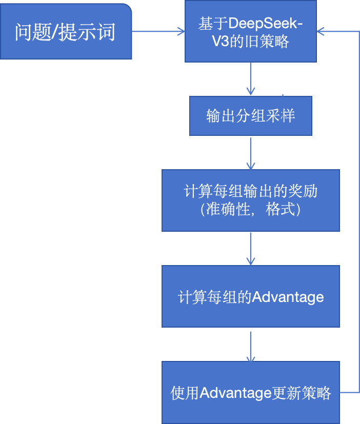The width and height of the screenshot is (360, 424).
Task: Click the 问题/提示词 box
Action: (x=66, y=32)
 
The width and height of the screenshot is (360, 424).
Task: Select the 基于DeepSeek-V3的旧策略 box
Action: (x=250, y=32)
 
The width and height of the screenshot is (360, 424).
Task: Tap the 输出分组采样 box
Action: (x=250, y=116)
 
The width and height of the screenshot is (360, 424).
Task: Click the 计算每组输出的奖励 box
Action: (x=250, y=200)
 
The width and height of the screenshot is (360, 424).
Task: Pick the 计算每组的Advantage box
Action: (x=250, y=296)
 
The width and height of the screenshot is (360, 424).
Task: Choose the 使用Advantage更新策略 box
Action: (x=250, y=393)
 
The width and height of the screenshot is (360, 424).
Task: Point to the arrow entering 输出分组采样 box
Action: (x=250, y=79)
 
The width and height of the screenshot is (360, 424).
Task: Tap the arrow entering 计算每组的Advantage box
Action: (x=250, y=248)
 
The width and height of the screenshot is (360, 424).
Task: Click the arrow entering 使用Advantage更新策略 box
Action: (x=250, y=346)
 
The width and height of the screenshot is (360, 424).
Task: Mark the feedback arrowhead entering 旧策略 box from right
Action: (x=321, y=32)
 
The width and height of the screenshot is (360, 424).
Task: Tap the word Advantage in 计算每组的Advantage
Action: (x=288, y=297)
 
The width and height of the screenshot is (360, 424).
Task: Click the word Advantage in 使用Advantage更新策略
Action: (x=235, y=393)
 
